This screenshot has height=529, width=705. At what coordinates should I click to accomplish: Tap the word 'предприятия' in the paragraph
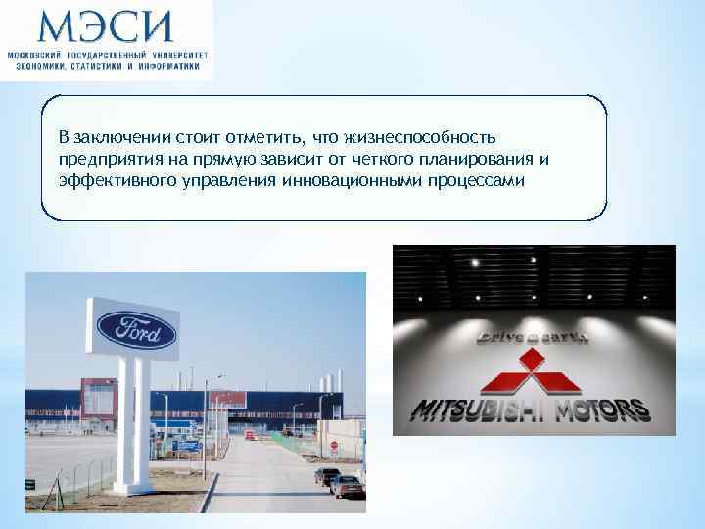click(x=101, y=158)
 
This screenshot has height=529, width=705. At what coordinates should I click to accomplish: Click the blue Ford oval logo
click(x=136, y=332)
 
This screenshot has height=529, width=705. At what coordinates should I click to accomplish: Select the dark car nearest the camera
click(x=349, y=486)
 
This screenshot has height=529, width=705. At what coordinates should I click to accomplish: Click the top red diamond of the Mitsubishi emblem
click(x=533, y=361)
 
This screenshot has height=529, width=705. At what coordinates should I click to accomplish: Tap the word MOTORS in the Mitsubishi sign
click(x=604, y=409)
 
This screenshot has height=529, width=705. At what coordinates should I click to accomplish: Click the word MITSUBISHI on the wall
click(x=480, y=409)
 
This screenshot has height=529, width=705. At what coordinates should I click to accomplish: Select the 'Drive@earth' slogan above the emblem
click(x=532, y=337)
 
